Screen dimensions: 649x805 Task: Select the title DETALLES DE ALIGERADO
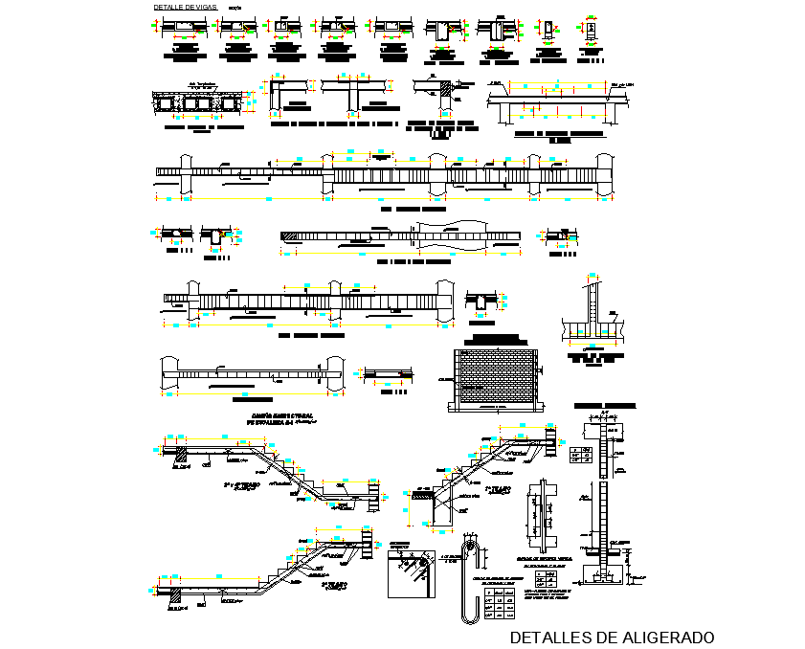coord(612,637)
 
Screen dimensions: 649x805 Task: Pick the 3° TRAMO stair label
coord(332,583)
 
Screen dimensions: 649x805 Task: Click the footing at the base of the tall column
coord(602,575)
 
